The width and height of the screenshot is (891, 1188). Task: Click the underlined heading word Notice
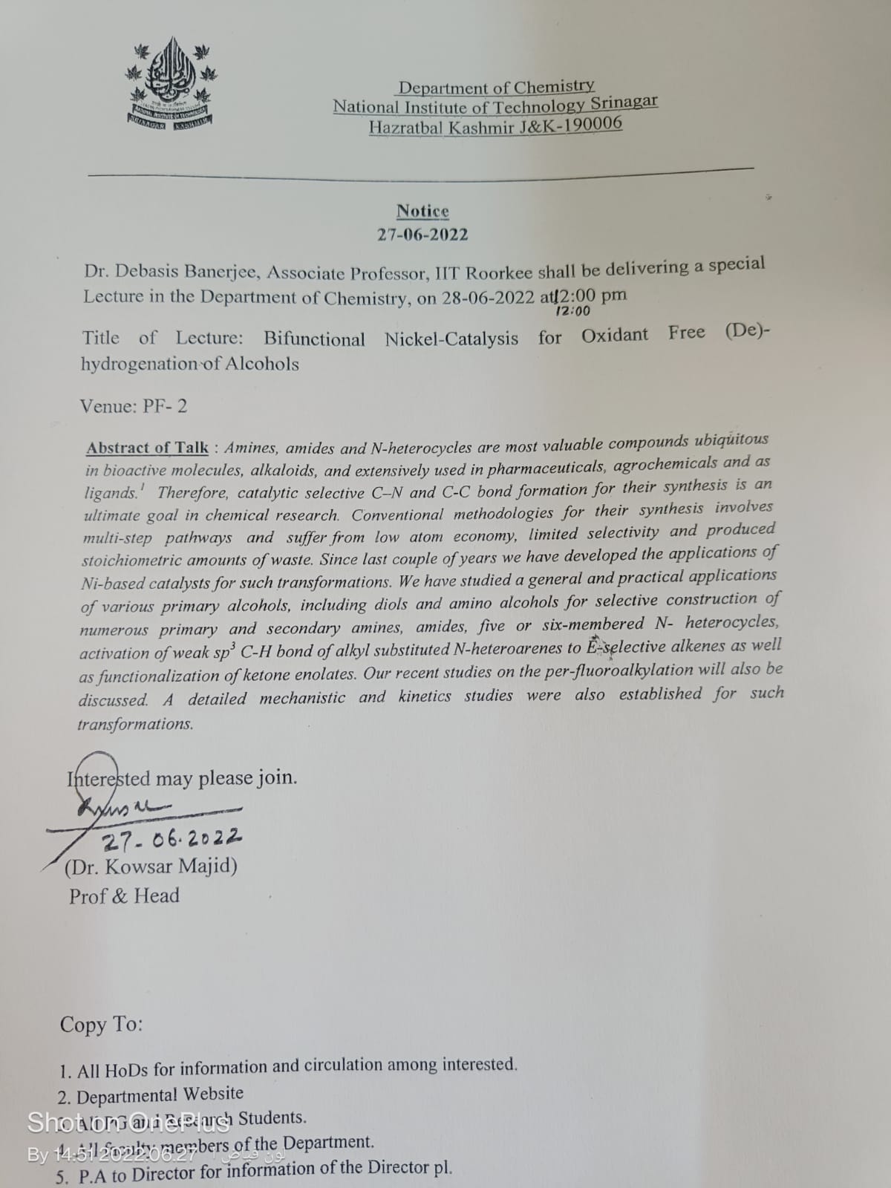coord(422,212)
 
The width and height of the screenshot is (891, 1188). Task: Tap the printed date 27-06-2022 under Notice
coord(422,235)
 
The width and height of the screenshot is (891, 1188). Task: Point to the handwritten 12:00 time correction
coord(573,312)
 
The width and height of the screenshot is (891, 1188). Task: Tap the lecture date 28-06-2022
coord(488,297)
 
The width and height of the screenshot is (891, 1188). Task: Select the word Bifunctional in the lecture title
coord(314,339)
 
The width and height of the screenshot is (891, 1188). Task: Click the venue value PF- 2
coord(165,406)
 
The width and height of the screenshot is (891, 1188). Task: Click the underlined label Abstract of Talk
coord(147,448)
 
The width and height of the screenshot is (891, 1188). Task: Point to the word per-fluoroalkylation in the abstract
coord(607,670)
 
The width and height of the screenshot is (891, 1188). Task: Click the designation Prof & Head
coord(124,896)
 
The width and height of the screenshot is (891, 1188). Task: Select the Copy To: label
coord(101,1025)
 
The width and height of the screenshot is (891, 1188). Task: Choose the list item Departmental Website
coord(160,1094)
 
